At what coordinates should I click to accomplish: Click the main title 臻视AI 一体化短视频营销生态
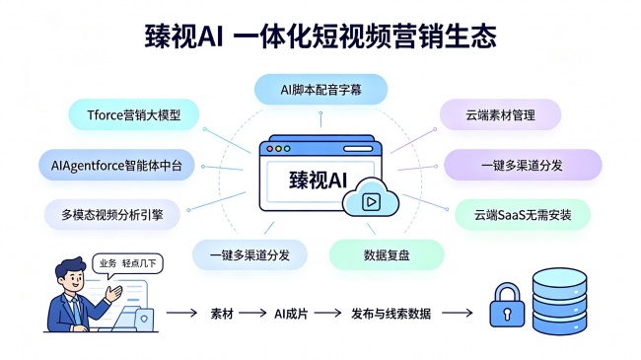click(x=320, y=36)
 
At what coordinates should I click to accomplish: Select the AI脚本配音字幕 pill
click(x=320, y=90)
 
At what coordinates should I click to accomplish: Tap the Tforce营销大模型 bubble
click(x=134, y=115)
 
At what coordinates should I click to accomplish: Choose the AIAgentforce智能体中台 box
click(x=116, y=166)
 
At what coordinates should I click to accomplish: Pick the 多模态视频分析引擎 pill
click(x=112, y=214)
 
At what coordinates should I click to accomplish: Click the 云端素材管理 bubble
click(x=500, y=115)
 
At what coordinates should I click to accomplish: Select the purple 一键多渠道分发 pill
click(x=523, y=166)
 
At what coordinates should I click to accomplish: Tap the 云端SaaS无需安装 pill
click(x=523, y=214)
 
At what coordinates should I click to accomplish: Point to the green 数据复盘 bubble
click(x=387, y=254)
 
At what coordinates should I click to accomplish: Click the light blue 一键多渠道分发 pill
click(x=249, y=254)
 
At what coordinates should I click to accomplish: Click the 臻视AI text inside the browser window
click(x=319, y=180)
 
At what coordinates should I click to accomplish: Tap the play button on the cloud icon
click(x=372, y=201)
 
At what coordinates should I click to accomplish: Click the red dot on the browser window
click(x=270, y=149)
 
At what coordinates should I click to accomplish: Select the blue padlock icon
click(x=507, y=306)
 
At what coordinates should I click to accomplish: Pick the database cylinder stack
click(x=559, y=301)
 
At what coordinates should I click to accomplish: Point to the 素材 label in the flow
click(x=222, y=314)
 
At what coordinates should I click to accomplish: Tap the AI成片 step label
click(x=291, y=314)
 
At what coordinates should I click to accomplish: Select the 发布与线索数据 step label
click(x=391, y=314)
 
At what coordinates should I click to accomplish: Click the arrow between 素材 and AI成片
click(x=252, y=314)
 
